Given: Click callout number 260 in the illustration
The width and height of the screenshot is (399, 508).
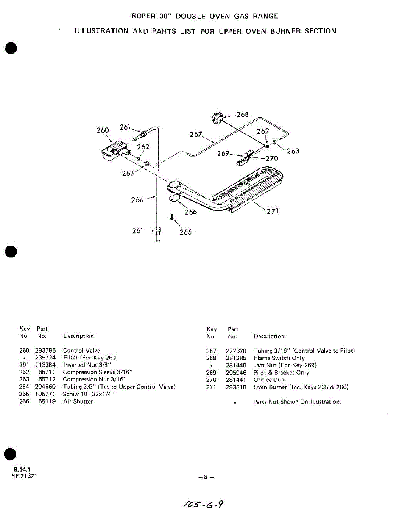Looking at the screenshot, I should coord(103,130).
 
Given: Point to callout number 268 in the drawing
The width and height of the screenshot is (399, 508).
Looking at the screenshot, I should coord(243,114).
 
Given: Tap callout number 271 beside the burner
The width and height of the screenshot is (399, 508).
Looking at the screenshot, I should coord(272,211).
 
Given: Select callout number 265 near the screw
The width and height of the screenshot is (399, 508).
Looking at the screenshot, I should coord(185,232).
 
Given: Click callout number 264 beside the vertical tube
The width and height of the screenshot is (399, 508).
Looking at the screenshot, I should coord(137,199).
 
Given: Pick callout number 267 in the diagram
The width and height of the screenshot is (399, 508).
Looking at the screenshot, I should coord(196,134).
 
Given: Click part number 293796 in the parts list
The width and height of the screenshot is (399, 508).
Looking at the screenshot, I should coord(45,351).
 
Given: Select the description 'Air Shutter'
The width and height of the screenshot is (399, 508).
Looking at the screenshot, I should coord(78,401).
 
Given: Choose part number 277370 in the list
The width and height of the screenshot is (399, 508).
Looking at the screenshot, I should coord(236,351).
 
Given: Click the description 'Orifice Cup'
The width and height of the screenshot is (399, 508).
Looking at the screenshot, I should coord(269,380).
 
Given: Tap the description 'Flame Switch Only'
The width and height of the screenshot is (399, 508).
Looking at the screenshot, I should coord(279,358).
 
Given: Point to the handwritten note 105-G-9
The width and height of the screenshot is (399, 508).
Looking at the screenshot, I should coord(201,504).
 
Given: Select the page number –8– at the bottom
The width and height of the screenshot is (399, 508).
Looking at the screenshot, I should coord(206,477).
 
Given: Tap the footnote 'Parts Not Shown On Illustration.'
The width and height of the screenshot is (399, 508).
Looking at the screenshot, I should coord(297,402).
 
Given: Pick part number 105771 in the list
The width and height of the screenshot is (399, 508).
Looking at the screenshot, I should coord(45,394).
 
